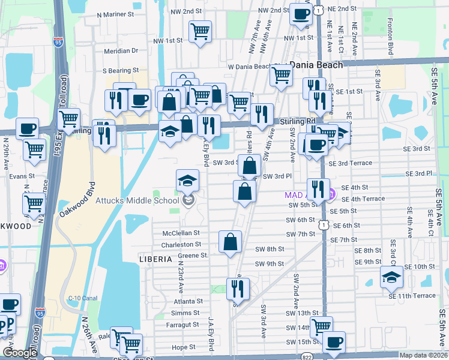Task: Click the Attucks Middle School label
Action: [x=137, y=200]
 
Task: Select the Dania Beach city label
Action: [x=316, y=65]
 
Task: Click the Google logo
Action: [x=20, y=353]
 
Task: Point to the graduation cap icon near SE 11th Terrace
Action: [x=391, y=276]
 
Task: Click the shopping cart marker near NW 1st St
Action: [x=200, y=32]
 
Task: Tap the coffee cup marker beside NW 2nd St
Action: [x=301, y=14]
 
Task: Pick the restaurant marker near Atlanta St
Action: [x=238, y=289]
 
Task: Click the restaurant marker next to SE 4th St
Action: [x=318, y=189]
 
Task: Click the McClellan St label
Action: [x=180, y=233]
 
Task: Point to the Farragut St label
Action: [x=184, y=325]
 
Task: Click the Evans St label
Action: [x=18, y=176]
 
